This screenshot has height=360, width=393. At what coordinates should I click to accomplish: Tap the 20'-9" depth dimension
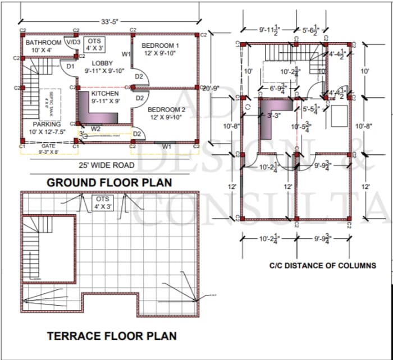pyautogui.click(x=211, y=88)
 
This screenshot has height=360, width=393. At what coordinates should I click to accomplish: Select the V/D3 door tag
pyautogui.click(x=73, y=42)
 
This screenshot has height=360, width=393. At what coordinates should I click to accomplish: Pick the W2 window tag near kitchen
pyautogui.click(x=96, y=128)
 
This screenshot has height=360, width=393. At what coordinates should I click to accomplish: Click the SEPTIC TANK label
pyautogui.click(x=52, y=101)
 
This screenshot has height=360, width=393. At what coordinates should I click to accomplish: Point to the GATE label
pyautogui.click(x=48, y=146)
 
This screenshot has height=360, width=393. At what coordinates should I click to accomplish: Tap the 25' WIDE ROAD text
pyautogui.click(x=106, y=165)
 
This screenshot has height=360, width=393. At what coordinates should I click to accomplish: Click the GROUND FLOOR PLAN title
pyautogui.click(x=109, y=182)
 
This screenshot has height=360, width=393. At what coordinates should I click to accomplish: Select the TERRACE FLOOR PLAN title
pyautogui.click(x=112, y=336)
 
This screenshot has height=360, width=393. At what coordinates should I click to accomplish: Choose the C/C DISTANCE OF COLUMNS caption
pyautogui.click(x=322, y=265)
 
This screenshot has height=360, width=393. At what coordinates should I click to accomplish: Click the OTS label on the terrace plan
pyautogui.click(x=102, y=200)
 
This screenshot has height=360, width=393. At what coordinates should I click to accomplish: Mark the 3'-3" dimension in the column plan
pyautogui.click(x=274, y=116)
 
